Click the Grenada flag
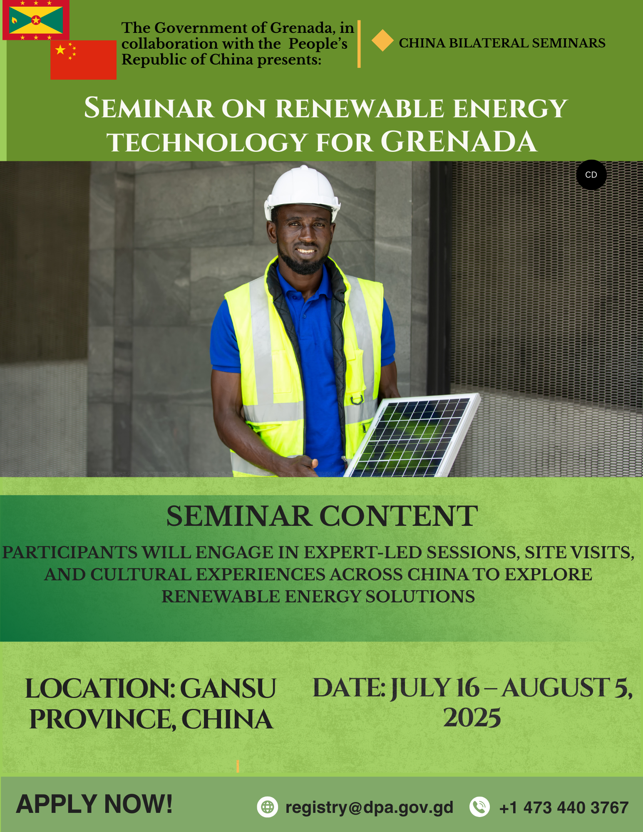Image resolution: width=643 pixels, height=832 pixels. coord(36,20)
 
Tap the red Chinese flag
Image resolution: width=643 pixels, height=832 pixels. coord(83,60)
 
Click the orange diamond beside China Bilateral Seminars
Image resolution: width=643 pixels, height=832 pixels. coord(382,41)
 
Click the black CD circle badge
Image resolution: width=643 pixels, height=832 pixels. coord(591,175)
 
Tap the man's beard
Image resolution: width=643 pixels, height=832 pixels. coord(303,260)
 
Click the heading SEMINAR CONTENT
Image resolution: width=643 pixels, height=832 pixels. coord(322,516)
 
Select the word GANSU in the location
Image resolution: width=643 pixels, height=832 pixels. coord(228,688)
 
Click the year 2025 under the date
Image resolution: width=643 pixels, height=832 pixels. coord(472,718)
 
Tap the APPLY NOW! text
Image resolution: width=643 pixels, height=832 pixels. coord(94,804)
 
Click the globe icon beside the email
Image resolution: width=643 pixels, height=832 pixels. coord(268,807)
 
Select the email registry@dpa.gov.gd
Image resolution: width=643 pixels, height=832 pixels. coord(369,807)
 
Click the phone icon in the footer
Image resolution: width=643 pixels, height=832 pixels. coord(480,807)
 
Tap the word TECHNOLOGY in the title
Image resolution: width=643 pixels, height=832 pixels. coord(207,143)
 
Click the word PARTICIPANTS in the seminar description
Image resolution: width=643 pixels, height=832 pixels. coord(70,552)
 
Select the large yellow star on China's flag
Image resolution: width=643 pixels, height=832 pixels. coord(61,50)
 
